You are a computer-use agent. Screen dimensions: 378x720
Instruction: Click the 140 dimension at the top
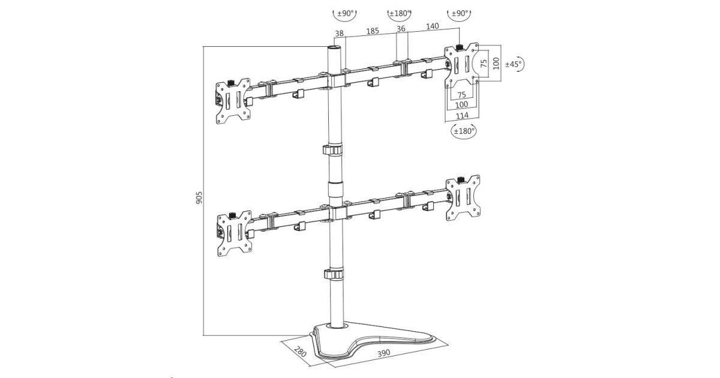pos(433,26)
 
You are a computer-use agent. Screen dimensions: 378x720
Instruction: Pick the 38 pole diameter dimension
pos(340,34)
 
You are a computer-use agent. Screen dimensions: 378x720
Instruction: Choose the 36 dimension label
pos(401,28)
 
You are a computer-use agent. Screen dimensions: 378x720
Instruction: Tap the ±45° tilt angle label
pos(514,63)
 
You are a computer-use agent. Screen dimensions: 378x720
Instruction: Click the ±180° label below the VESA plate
pos(463,130)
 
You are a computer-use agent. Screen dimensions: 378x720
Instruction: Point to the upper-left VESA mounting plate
pos(233,102)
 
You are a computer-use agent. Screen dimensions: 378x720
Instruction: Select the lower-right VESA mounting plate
pos(463,199)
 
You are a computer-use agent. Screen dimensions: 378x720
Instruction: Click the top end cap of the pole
pos(334,46)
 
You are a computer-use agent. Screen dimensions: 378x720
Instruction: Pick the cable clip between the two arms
pos(333,149)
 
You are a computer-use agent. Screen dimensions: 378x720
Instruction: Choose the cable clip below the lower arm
pos(334,274)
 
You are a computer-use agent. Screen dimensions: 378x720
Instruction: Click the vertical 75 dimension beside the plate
pos(484,62)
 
